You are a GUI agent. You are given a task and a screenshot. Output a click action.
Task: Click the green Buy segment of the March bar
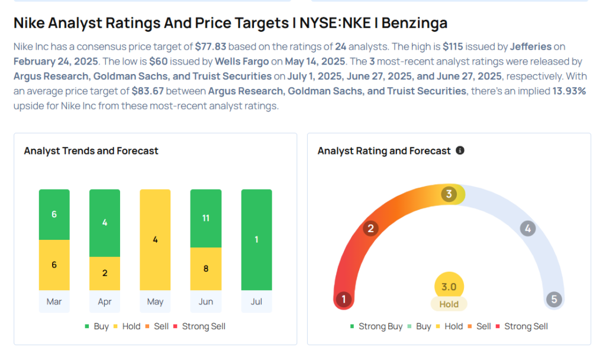tap(54, 214)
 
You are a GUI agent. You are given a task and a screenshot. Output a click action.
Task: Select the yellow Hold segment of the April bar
tap(105, 273)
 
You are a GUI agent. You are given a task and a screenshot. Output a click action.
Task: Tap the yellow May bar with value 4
tap(155, 240)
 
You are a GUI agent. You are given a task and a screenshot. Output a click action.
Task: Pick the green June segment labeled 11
tap(206, 218)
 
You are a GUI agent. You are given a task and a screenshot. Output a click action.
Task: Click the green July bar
tap(256, 240)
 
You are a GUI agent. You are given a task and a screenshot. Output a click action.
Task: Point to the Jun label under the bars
tap(206, 301)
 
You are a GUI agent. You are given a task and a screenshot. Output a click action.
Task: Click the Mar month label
tap(54, 301)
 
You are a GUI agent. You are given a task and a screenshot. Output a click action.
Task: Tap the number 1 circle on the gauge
tap(343, 299)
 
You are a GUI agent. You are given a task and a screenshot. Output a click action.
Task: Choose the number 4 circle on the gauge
tap(527, 228)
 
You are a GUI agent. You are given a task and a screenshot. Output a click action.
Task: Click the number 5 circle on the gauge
tap(555, 299)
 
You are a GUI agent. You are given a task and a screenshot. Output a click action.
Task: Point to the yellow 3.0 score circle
tap(449, 287)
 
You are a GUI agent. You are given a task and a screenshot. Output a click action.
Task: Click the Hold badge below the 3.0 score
tap(449, 304)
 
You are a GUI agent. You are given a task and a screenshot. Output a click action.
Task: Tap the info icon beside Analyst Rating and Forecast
tap(460, 150)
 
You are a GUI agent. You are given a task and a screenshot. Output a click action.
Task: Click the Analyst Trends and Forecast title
tap(91, 151)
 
